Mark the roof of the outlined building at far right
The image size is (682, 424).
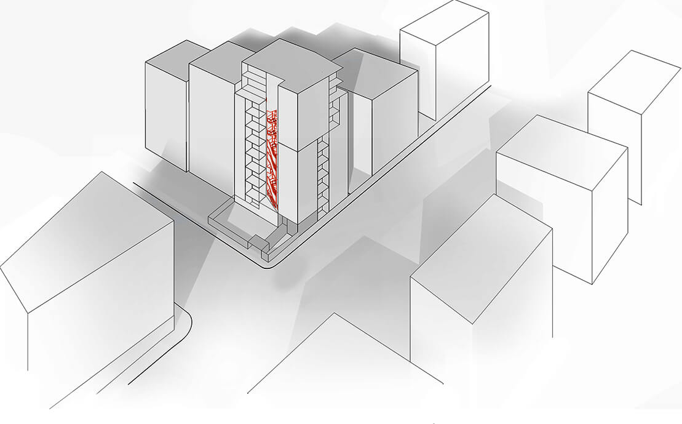pyautogui.click(x=633, y=80)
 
